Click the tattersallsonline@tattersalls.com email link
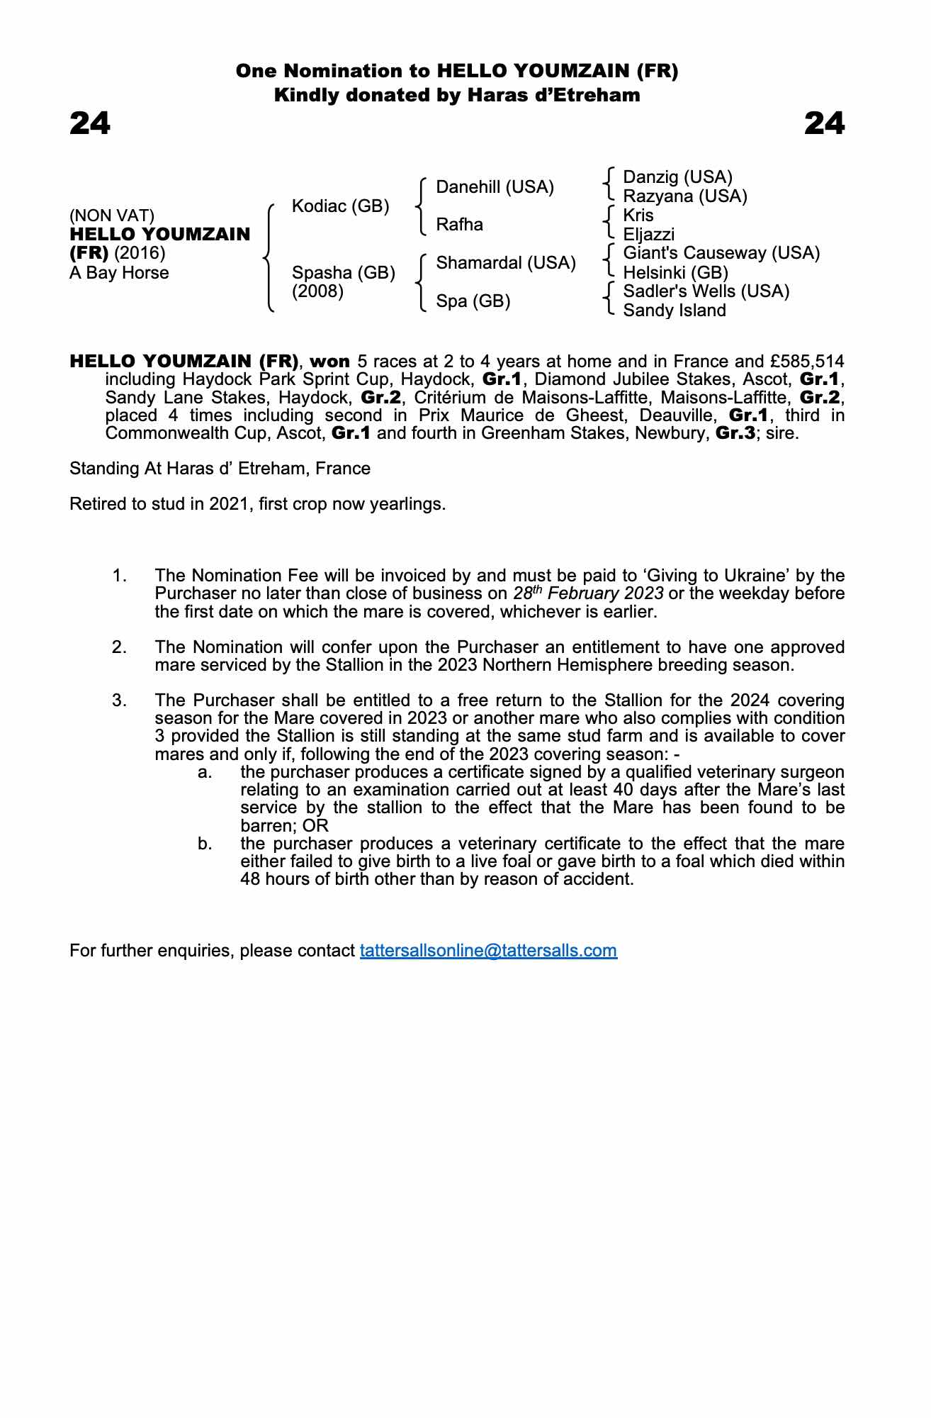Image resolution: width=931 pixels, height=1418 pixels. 488,951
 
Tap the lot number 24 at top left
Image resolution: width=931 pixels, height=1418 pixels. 90,123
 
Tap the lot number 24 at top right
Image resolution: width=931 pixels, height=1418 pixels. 825,123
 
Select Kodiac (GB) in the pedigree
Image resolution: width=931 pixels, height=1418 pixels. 340,206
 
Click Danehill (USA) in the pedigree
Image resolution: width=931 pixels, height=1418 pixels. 495,187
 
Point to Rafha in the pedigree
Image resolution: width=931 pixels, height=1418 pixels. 459,225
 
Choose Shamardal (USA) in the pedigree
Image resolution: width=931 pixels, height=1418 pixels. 506,263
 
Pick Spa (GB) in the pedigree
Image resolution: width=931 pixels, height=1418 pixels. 473,301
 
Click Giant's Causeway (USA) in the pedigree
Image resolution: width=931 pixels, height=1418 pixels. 721,253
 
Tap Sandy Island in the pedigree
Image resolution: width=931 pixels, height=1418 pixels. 674,311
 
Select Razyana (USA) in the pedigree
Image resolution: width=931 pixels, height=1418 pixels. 684,196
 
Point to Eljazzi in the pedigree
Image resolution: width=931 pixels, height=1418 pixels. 648,235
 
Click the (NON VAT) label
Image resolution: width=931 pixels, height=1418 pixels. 112,216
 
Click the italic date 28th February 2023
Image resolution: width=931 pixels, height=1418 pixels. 588,593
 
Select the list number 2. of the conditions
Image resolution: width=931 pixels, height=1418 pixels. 119,647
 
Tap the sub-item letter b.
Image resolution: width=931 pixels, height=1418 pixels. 205,844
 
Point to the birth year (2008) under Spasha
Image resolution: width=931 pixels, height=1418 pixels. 317,291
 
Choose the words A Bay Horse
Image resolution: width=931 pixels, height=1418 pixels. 119,273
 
